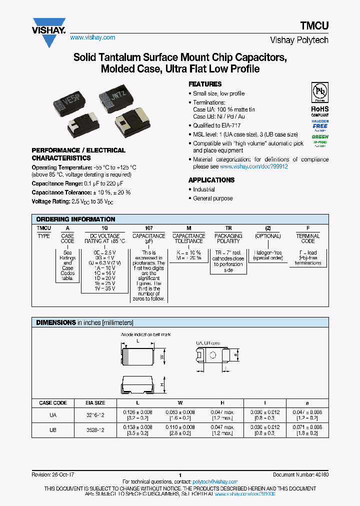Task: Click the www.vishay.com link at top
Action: (92, 37)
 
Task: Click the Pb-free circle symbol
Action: (319, 93)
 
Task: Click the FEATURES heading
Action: (205, 84)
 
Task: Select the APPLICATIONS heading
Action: (211, 180)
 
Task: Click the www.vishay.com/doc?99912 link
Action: (253, 166)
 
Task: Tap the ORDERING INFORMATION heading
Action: (75, 219)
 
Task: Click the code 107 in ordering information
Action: (148, 228)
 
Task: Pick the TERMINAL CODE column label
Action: (307, 238)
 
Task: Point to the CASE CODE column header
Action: (52, 402)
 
